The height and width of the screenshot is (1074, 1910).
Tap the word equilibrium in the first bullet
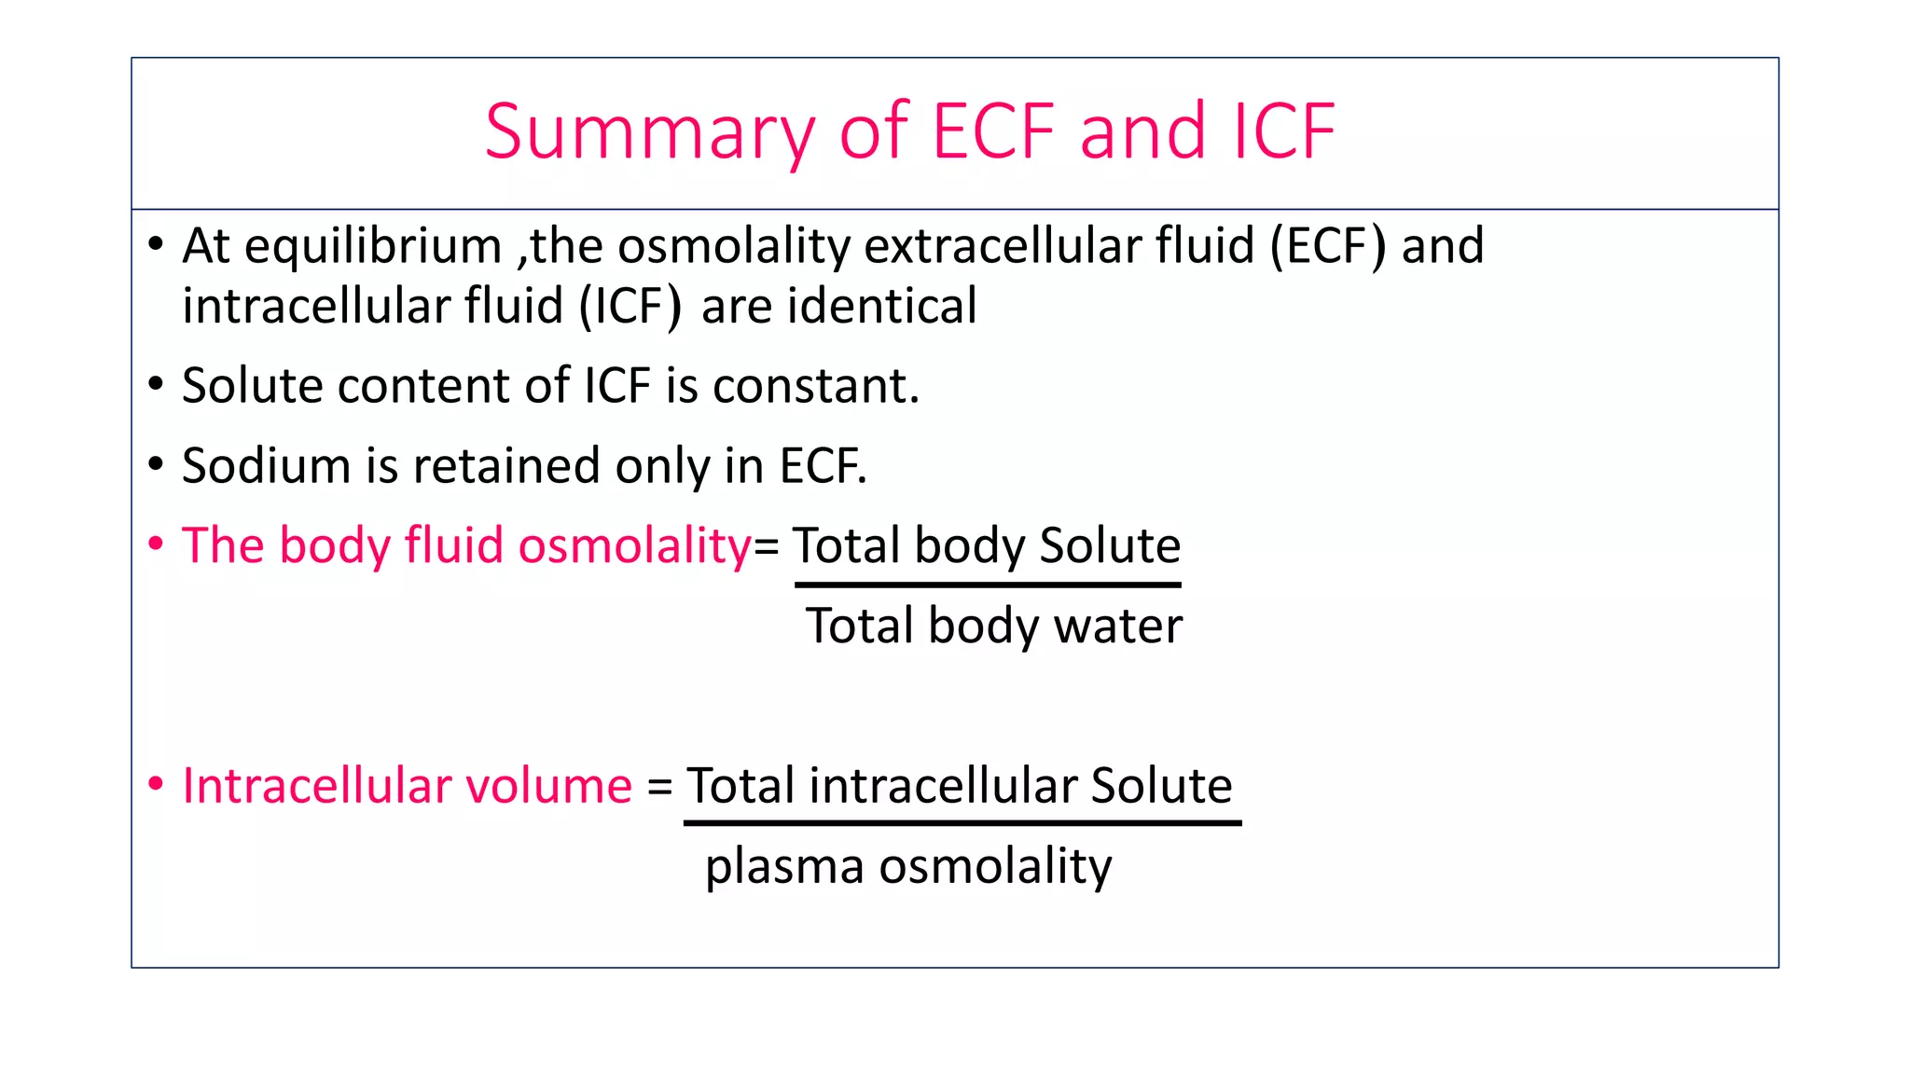373,247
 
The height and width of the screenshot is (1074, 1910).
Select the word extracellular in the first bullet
1003,246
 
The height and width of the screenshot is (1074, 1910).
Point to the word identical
881,307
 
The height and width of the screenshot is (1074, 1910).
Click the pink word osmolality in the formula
634,546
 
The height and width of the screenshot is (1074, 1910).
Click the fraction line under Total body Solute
988,585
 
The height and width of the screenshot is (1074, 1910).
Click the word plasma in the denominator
784,867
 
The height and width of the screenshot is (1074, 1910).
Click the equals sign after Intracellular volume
659,787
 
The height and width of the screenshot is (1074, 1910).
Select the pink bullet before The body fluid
156,544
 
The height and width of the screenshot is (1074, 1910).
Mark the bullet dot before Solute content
156,384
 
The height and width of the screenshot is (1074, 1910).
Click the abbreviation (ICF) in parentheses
630,307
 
